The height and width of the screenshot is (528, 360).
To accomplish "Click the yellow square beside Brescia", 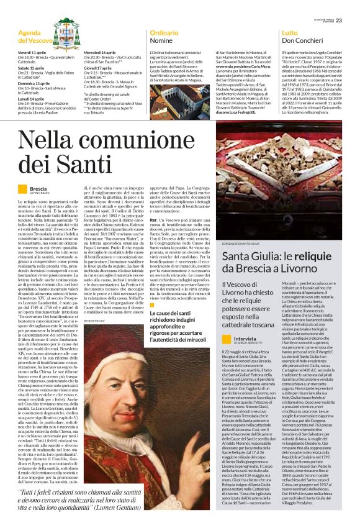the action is (x=22, y=188).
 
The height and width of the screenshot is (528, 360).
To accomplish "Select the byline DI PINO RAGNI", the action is (x=42, y=194).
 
